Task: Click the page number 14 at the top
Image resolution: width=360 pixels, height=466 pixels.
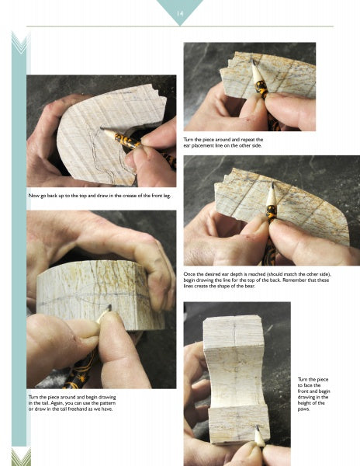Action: point(179,12)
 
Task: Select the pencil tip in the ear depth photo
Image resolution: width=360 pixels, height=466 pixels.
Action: point(270,188)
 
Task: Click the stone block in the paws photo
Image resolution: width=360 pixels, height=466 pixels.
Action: point(236,365)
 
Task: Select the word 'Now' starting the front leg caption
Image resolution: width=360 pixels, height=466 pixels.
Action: point(33,196)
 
